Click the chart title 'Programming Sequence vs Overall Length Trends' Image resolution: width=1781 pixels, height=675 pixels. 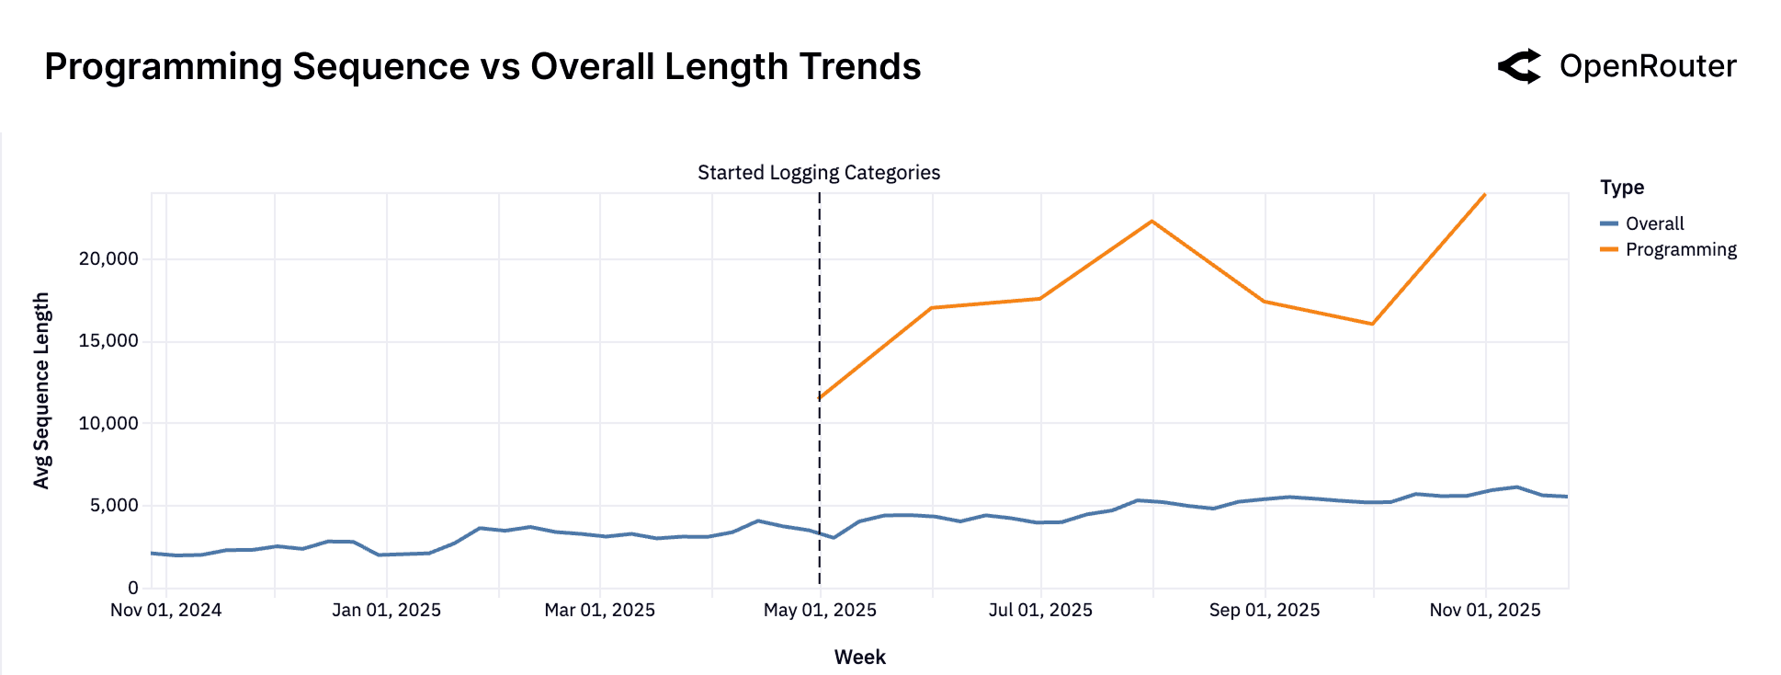(x=482, y=67)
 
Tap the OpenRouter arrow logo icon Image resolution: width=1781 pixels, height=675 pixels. (x=1520, y=66)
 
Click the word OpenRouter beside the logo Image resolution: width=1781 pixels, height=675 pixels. (x=1648, y=66)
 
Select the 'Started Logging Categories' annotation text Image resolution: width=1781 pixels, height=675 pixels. (x=818, y=173)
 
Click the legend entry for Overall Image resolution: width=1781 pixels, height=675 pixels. (x=1654, y=223)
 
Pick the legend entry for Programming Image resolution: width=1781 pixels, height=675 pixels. (x=1680, y=249)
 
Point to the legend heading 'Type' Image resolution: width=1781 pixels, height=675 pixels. (x=1622, y=188)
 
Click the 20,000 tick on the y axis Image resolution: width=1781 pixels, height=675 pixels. (x=108, y=258)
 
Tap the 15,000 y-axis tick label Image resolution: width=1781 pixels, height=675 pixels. (x=108, y=341)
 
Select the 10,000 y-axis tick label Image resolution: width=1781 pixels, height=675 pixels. (x=108, y=423)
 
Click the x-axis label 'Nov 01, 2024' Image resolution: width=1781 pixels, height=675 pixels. (x=165, y=610)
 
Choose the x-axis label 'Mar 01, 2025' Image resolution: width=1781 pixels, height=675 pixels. (x=599, y=610)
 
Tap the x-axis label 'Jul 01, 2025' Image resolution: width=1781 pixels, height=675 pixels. (x=1040, y=610)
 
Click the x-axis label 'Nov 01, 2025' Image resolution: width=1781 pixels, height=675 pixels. (x=1484, y=610)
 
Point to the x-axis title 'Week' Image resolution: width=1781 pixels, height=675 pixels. (x=859, y=657)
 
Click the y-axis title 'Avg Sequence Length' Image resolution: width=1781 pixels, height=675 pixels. (x=41, y=391)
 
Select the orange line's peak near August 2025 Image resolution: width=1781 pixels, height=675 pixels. (x=1151, y=221)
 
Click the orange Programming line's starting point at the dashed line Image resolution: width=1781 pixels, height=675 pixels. (x=820, y=398)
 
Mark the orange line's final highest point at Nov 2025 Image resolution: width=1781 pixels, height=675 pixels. (x=1484, y=195)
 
